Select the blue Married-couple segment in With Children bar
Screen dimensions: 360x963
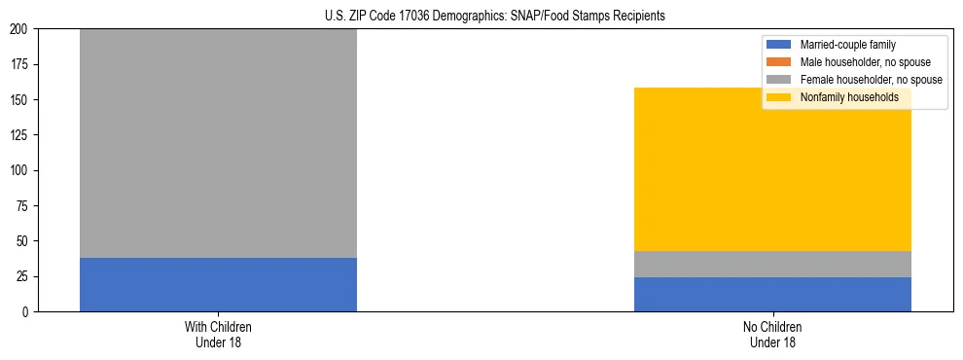[218, 284]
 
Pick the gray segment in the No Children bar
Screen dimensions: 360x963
[772, 264]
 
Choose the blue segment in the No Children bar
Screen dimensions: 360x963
[772, 294]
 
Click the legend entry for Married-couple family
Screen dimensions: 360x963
[847, 45]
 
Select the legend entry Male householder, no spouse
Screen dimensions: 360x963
[857, 62]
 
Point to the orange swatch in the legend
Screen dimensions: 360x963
[779, 62]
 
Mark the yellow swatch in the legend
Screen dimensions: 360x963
[779, 97]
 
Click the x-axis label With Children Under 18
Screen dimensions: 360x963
[218, 335]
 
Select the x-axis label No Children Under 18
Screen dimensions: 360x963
[772, 335]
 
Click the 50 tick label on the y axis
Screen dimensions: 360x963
[24, 241]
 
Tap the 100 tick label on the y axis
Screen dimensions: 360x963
[21, 170]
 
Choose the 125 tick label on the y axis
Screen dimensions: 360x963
[21, 135]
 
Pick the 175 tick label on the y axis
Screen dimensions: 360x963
[21, 64]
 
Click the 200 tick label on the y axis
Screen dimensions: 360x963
[21, 29]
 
